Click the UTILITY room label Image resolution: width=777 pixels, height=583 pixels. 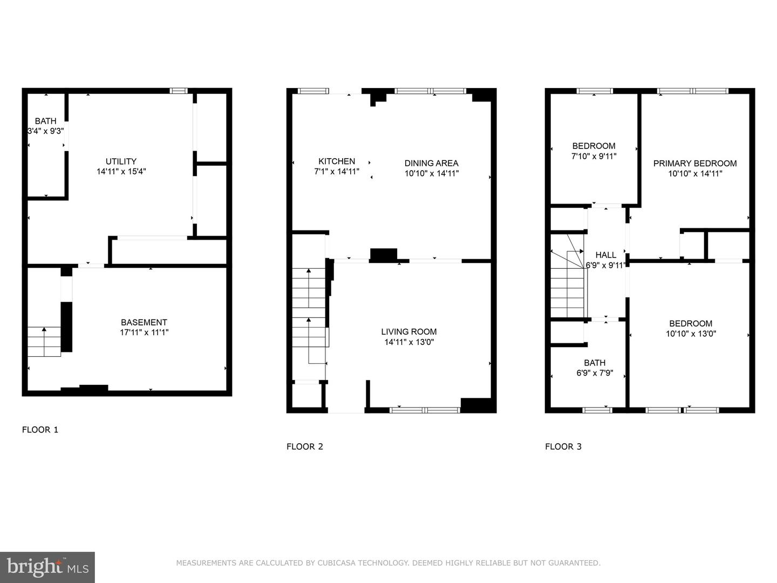click(x=121, y=161)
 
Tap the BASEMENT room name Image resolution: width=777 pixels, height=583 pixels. click(x=144, y=322)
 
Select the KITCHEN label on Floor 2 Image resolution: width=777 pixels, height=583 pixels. click(x=337, y=161)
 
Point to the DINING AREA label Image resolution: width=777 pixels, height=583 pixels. click(x=432, y=163)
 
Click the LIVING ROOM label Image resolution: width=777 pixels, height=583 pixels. click(x=409, y=331)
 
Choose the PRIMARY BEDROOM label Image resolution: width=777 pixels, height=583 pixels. click(x=695, y=164)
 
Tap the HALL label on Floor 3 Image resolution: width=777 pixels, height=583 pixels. click(x=605, y=255)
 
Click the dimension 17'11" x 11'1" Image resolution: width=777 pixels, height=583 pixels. click(x=144, y=333)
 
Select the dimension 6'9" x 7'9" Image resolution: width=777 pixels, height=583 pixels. click(x=595, y=372)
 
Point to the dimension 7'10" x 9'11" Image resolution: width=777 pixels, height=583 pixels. click(x=594, y=156)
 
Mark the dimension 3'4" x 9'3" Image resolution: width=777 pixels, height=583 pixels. click(x=46, y=131)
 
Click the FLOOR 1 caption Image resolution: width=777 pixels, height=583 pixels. click(x=40, y=430)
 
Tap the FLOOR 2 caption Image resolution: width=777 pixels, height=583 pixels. click(x=305, y=447)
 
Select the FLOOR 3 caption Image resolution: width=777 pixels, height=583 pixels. click(x=563, y=447)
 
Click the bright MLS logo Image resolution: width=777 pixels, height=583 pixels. click(x=47, y=567)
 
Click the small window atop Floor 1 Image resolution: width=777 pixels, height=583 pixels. click(x=179, y=91)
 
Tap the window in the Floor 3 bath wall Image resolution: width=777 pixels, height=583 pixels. click(x=597, y=410)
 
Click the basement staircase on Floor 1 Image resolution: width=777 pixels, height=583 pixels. click(x=44, y=342)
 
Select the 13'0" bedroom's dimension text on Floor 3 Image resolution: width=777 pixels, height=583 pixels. click(x=691, y=334)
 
